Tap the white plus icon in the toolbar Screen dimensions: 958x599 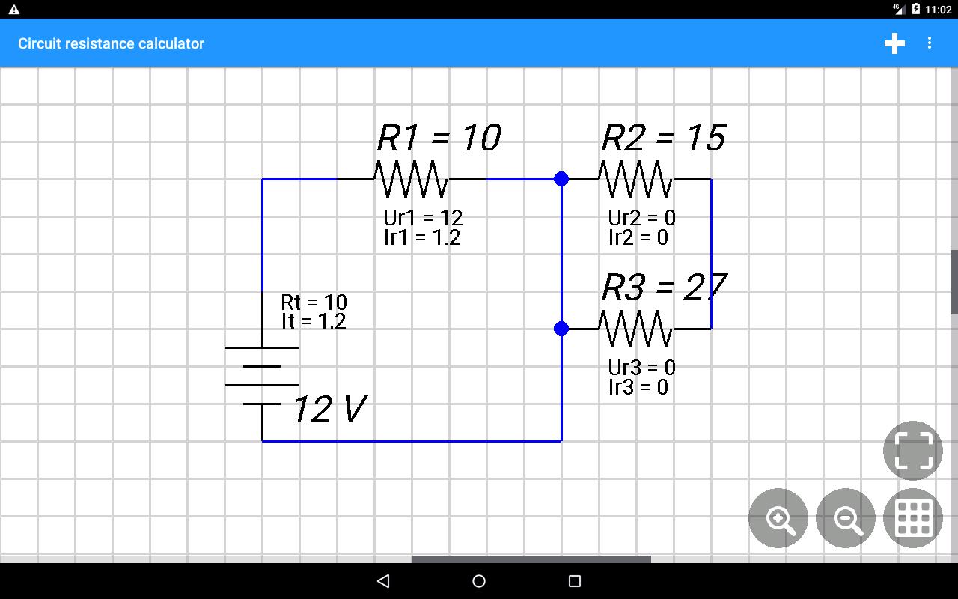[894, 43]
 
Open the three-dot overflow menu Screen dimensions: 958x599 [930, 43]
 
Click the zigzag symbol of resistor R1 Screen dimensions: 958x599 [412, 179]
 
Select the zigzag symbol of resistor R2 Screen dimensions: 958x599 [636, 179]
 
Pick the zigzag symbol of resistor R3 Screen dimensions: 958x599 [636, 329]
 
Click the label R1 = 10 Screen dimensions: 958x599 [439, 138]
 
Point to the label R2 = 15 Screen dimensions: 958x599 [664, 138]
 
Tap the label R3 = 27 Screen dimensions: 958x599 [664, 287]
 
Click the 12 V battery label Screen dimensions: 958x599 [330, 409]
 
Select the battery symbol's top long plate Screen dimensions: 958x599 [262, 348]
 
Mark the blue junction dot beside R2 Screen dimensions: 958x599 [561, 179]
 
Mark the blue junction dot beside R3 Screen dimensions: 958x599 [561, 329]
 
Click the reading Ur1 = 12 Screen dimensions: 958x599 [423, 218]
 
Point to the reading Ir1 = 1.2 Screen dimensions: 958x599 [422, 237]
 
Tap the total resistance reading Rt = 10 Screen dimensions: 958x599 [314, 302]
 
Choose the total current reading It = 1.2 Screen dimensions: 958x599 [314, 321]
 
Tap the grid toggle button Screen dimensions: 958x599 [913, 518]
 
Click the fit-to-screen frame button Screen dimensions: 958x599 [913, 451]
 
